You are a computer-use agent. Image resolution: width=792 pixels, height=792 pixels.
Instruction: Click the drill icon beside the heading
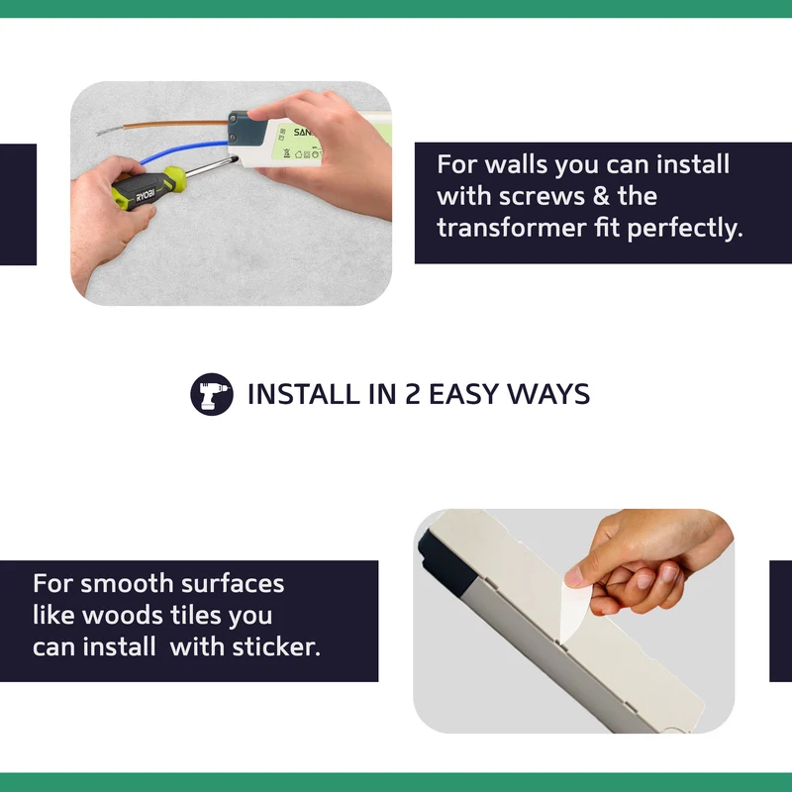(x=212, y=394)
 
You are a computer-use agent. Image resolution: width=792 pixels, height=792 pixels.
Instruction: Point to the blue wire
(x=183, y=150)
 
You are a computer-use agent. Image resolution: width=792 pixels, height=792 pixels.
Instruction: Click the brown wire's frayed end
(x=107, y=132)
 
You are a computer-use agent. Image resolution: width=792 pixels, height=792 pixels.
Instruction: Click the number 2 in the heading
(x=412, y=394)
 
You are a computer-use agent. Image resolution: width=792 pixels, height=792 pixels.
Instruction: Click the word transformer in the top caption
(x=511, y=228)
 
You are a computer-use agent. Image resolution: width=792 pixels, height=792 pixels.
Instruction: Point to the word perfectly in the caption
(x=685, y=229)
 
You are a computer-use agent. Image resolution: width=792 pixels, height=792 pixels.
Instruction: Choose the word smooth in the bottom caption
(x=127, y=584)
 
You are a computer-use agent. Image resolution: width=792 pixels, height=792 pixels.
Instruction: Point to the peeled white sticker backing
(x=574, y=610)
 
